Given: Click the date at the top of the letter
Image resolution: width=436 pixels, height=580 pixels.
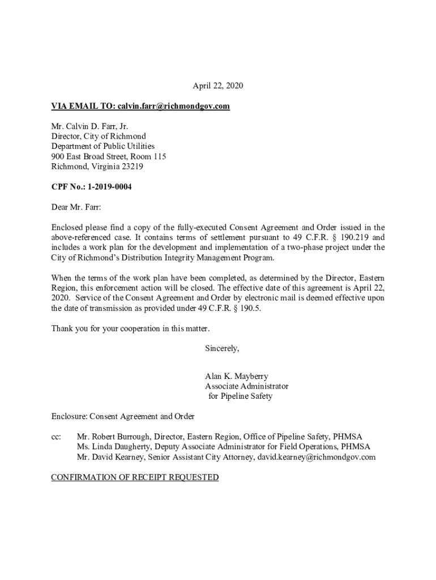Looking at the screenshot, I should [x=217, y=86].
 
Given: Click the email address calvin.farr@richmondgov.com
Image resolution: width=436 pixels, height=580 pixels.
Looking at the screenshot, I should [x=173, y=106].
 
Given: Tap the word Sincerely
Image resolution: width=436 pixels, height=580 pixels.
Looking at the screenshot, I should [x=222, y=348].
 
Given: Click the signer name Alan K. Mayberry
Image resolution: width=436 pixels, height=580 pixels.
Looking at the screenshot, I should [x=237, y=376].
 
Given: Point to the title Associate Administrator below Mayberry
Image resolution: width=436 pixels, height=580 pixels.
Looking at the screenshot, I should [x=246, y=386].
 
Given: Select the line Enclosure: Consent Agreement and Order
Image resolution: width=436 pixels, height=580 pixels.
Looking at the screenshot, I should [x=123, y=416].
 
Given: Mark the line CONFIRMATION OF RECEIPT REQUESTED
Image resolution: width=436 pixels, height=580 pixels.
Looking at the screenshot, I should [x=135, y=477].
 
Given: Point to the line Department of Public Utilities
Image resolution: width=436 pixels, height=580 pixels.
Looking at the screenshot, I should [x=102, y=147].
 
